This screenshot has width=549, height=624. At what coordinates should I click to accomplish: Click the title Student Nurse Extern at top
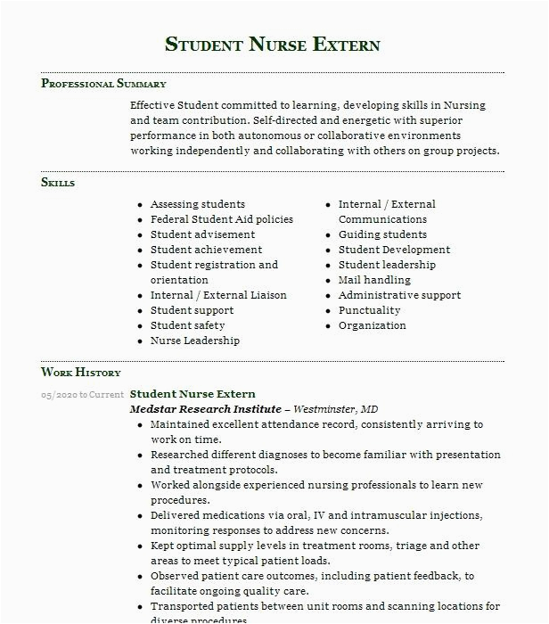tap(273, 45)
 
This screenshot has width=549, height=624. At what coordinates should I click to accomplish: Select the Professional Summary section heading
tap(103, 84)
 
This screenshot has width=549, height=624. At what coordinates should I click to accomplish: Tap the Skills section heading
tap(58, 183)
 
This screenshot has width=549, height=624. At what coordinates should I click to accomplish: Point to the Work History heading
tap(81, 373)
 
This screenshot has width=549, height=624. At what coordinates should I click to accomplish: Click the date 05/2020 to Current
tap(82, 394)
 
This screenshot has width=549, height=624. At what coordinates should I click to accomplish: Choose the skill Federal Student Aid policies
tap(221, 219)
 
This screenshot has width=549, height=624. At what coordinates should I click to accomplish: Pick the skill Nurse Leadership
tap(194, 341)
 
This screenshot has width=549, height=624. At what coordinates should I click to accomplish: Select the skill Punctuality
tap(369, 310)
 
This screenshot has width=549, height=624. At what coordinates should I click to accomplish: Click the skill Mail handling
tap(374, 280)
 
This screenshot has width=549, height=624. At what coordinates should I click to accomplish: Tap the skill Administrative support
tap(399, 295)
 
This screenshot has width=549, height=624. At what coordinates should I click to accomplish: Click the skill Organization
tap(372, 325)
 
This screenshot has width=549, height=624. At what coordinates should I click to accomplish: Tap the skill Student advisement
tap(202, 234)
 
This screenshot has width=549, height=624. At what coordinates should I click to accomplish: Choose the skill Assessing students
tap(197, 204)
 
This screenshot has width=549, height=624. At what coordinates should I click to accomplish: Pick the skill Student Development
tap(394, 250)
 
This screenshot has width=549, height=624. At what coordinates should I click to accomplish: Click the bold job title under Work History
tap(193, 394)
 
